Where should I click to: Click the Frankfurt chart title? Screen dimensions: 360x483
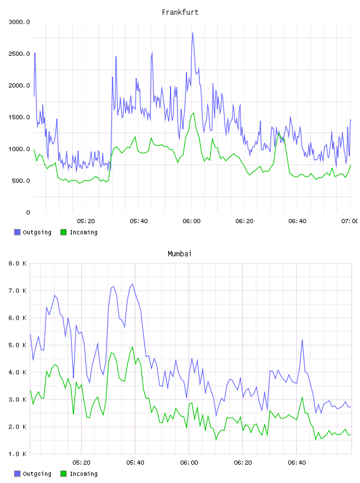(x=180, y=12)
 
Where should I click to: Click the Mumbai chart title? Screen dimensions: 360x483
(x=179, y=254)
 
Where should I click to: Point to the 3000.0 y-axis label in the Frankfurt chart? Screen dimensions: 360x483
(x=19, y=22)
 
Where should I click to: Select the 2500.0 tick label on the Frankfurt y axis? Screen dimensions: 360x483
(x=19, y=54)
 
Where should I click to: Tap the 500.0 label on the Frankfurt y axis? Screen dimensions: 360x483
(x=21, y=181)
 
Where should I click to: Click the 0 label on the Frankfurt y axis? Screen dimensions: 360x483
(x=28, y=212)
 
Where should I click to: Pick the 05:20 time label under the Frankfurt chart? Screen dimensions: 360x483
(x=86, y=221)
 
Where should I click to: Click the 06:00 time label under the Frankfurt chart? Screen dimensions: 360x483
(x=191, y=221)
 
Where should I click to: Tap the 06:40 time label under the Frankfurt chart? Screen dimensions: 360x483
(x=297, y=221)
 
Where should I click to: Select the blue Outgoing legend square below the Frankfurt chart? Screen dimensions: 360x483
(x=17, y=232)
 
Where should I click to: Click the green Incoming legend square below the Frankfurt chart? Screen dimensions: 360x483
(x=63, y=232)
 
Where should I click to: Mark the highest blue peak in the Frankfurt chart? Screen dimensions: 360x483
(x=192, y=33)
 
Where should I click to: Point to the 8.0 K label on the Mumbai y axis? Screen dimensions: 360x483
(x=17, y=263)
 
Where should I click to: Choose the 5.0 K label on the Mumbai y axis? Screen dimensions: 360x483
(x=17, y=345)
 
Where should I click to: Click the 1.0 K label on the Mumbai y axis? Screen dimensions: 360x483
(x=17, y=454)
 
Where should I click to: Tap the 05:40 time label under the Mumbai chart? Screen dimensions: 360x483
(x=136, y=463)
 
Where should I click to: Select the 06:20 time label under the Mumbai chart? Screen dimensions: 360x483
(x=243, y=463)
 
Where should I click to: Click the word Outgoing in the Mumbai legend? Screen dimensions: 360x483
(x=37, y=474)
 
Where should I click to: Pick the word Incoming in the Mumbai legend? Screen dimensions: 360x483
(x=83, y=474)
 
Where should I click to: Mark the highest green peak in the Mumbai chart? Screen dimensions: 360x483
(x=133, y=347)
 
